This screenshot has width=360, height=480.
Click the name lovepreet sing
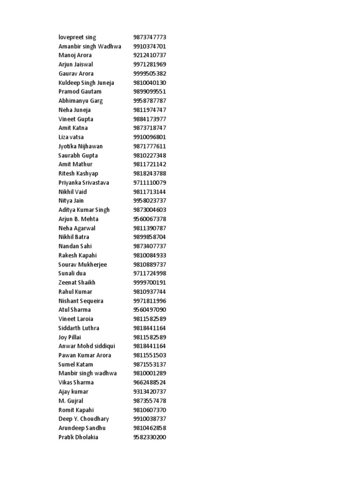pos(77,37)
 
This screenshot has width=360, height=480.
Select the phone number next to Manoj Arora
pos(150,55)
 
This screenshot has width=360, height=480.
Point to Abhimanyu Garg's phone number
pos(150,101)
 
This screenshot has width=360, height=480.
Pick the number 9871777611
pos(150,146)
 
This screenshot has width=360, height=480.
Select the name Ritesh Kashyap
pos(78,173)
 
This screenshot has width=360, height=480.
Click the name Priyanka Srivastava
pos(83,183)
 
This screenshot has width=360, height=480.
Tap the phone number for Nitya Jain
pos(150,201)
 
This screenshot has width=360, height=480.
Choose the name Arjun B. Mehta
pos(78,219)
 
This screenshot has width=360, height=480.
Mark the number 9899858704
pos(150,237)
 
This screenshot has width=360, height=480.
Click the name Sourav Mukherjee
pos(82,264)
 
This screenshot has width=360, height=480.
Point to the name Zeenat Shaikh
pos(77,283)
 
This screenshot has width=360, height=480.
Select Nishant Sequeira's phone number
pos(150,301)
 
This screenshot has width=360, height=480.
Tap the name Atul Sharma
pos(75,310)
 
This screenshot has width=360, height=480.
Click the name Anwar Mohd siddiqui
pos(87,346)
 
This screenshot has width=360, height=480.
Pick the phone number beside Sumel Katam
pos(150,364)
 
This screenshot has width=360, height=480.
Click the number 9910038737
pos(150,419)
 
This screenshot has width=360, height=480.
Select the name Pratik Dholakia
pos(78,437)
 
